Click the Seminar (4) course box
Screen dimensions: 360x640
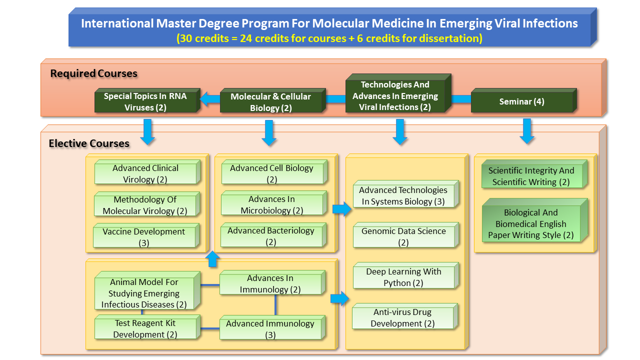(x=522, y=102)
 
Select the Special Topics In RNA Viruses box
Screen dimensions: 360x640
(x=145, y=102)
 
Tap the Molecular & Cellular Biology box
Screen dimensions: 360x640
(x=271, y=102)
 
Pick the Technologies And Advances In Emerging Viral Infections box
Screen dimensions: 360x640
(x=395, y=96)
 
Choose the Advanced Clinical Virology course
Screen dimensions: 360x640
(x=145, y=173)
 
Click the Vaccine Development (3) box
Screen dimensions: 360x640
(x=144, y=237)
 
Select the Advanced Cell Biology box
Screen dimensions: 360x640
(x=272, y=173)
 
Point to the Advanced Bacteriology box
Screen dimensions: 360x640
(x=271, y=236)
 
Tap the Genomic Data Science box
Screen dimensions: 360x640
(x=403, y=236)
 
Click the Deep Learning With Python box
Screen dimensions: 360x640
(x=403, y=277)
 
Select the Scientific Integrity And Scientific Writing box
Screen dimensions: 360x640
(x=531, y=176)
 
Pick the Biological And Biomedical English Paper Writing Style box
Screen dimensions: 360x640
(x=531, y=223)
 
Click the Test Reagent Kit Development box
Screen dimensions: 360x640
(x=145, y=328)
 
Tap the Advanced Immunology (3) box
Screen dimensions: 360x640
(x=270, y=329)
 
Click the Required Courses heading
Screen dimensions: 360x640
(x=93, y=73)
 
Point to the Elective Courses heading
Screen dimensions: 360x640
(x=89, y=143)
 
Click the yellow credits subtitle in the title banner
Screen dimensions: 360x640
(x=329, y=38)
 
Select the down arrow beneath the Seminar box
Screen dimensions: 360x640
(x=527, y=131)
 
